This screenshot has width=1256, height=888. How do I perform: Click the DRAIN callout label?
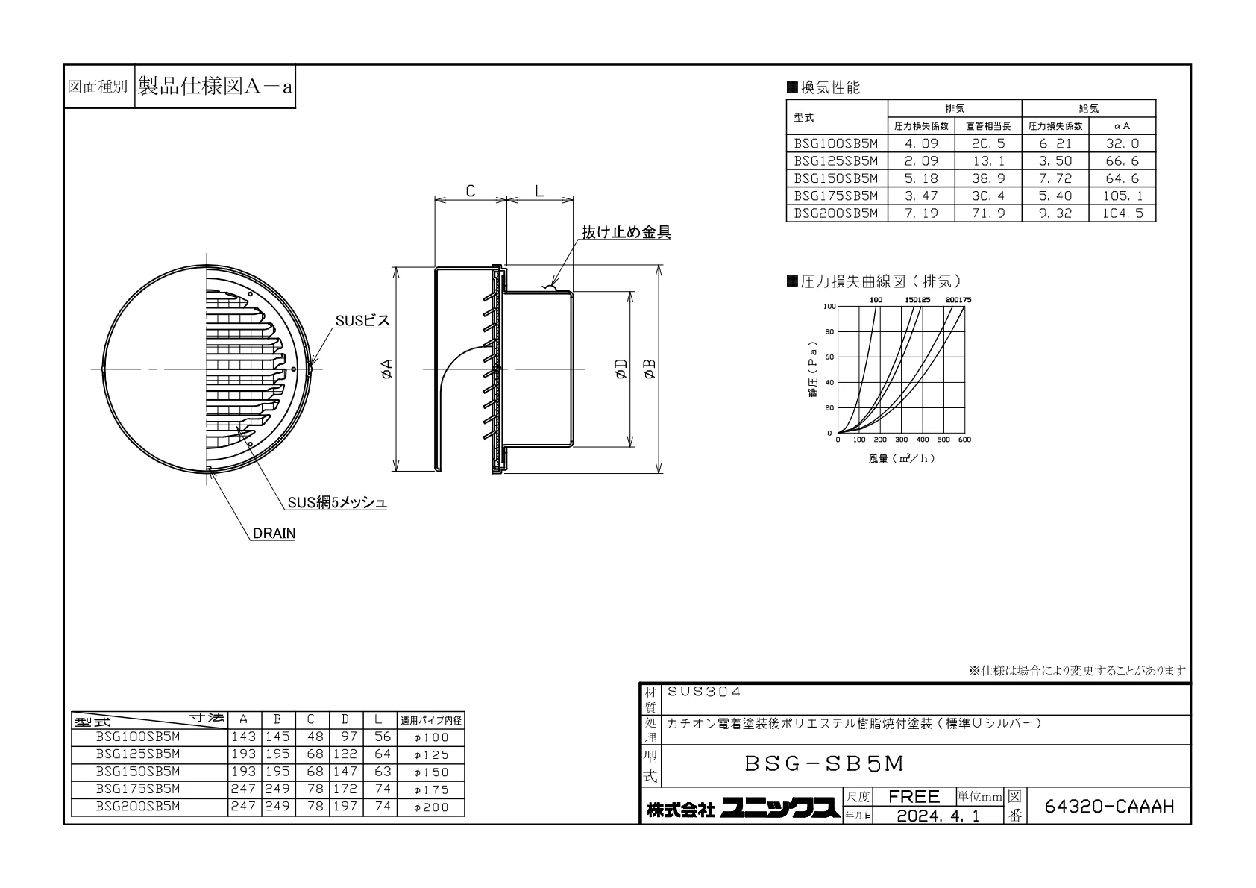pyautogui.click(x=274, y=533)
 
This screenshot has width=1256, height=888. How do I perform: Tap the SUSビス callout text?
pyautogui.click(x=362, y=320)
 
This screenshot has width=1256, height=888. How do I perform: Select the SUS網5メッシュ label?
pyautogui.click(x=337, y=503)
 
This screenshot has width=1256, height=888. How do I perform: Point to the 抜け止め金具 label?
pyautogui.click(x=626, y=232)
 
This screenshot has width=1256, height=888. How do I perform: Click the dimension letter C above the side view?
pyautogui.click(x=471, y=191)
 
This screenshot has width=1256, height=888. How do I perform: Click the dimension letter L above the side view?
pyautogui.click(x=539, y=191)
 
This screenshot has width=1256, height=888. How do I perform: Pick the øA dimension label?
pyautogui.click(x=387, y=369)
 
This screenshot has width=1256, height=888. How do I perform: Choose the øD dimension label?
pyautogui.click(x=621, y=369)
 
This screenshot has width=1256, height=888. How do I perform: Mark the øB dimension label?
pyautogui.click(x=650, y=369)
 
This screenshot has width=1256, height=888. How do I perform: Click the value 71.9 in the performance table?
pyautogui.click(x=988, y=213)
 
